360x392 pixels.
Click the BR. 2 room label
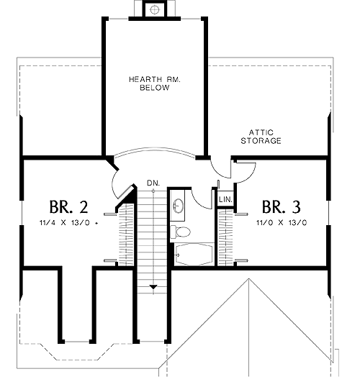pyautogui.click(x=69, y=207)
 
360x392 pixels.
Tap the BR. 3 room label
pyautogui.click(x=282, y=207)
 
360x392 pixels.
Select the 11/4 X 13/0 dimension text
pyautogui.click(x=64, y=222)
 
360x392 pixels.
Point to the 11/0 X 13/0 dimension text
pyautogui.click(x=282, y=222)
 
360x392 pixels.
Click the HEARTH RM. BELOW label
pyautogui.click(x=155, y=83)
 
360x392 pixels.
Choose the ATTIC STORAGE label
pyautogui.click(x=261, y=137)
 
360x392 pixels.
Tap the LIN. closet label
pyautogui.click(x=225, y=199)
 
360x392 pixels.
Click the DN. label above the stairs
pyautogui.click(x=153, y=183)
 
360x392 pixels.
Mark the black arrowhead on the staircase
pyautogui.click(x=153, y=287)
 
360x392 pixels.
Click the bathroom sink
pyautogui.click(x=178, y=206)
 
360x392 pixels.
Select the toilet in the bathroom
pyautogui.click(x=180, y=232)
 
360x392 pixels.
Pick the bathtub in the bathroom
pyautogui.click(x=194, y=255)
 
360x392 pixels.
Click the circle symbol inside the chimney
pyautogui.click(x=155, y=10)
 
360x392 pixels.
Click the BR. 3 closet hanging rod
pyautogui.click(x=226, y=237)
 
